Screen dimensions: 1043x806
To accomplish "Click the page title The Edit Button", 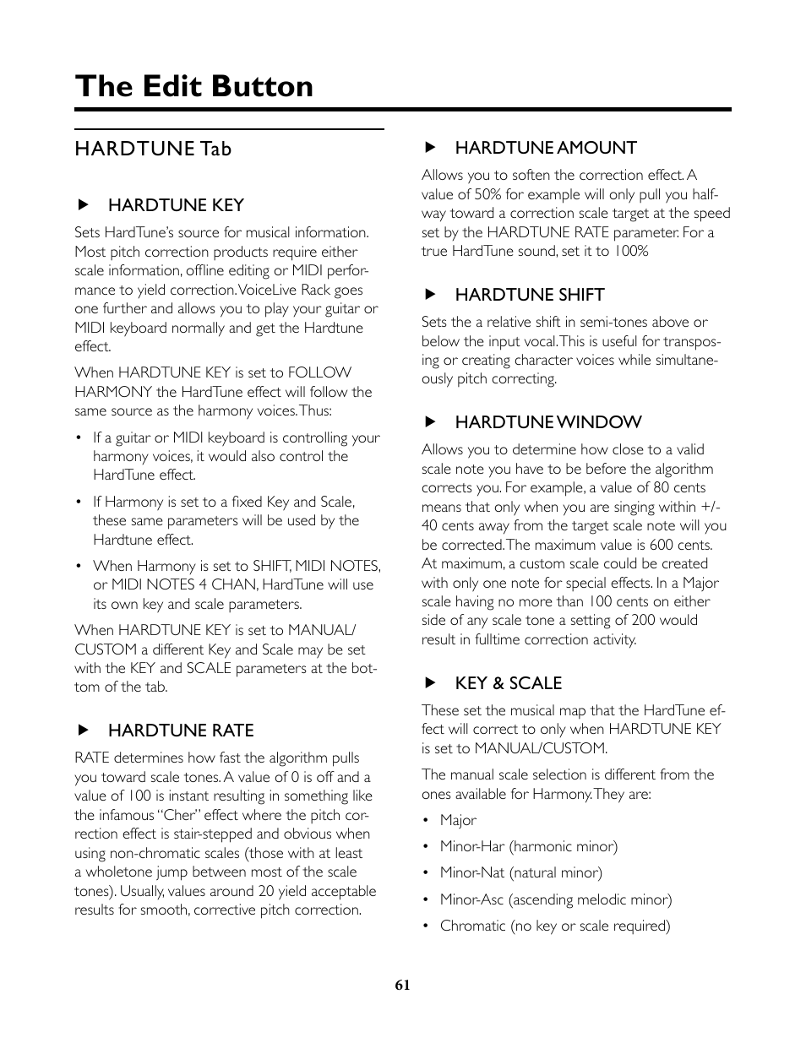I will point(193,86).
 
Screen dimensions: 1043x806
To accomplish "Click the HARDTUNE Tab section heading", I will point(153,149).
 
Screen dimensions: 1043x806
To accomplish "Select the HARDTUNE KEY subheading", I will point(176,205).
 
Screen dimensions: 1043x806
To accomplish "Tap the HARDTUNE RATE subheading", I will point(181,731).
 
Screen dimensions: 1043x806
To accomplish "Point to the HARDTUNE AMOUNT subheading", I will point(546,148).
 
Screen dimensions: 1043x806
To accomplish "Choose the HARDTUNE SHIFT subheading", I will point(530,295).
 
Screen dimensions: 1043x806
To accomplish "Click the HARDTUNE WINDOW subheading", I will point(548,422).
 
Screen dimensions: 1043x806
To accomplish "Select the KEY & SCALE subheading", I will point(509,683).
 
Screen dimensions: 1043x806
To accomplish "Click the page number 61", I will point(402,985).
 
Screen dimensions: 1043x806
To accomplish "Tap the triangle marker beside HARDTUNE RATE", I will point(83,731).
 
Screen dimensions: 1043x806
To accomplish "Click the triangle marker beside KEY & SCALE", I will point(429,683).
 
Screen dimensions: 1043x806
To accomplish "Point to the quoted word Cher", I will point(180,815).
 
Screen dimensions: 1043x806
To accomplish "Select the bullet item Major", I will point(458,820).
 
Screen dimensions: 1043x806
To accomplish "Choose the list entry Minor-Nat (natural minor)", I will point(520,872).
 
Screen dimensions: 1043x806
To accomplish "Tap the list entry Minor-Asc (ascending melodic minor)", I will point(555,899).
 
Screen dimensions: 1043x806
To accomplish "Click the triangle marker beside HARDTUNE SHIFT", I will point(429,295).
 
